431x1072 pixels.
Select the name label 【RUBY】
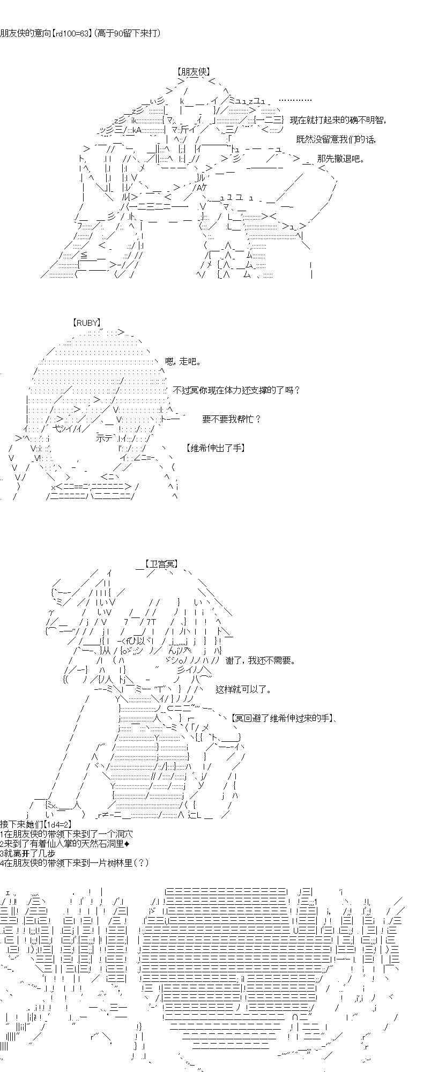tap(86, 323)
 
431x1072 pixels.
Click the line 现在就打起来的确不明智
tap(338, 120)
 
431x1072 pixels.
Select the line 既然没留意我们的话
tap(336, 139)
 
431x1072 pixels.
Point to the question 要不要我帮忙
tap(231, 419)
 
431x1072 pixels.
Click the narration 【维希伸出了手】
tap(215, 448)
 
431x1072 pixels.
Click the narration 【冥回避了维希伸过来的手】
tap(283, 718)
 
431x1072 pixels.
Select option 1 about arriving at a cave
tap(65, 834)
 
